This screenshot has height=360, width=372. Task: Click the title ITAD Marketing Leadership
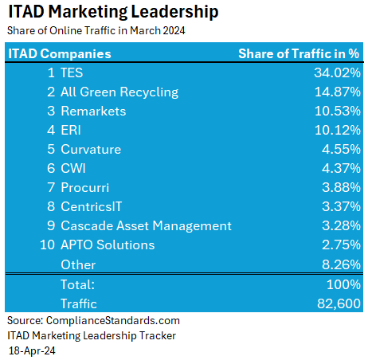[x=113, y=14]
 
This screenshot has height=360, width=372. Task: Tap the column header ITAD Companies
[x=60, y=54]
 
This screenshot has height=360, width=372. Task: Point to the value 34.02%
[x=338, y=72]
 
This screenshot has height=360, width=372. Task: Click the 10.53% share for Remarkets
[x=338, y=111]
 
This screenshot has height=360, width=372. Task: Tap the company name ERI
[x=71, y=130]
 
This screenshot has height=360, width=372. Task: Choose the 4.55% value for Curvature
[x=341, y=149]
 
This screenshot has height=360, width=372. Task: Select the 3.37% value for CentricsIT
[x=341, y=206]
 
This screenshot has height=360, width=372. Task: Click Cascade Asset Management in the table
[x=146, y=225]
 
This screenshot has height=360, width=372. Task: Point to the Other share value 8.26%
[x=341, y=264]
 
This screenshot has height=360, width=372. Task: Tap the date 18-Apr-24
[x=33, y=350]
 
